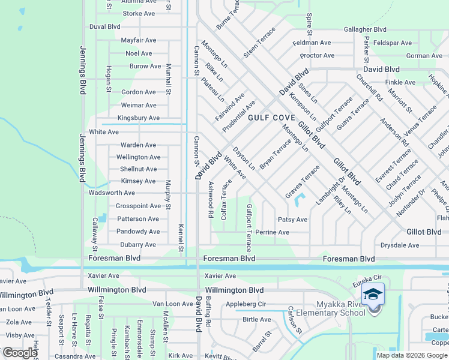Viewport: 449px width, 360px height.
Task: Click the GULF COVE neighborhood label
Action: [x=271, y=118]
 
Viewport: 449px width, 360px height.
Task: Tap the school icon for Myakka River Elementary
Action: [x=373, y=294]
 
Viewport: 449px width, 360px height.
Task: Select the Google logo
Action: [x=20, y=353]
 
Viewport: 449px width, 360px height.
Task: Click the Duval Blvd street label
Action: [x=104, y=26]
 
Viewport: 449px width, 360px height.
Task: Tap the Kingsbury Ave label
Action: [x=138, y=118]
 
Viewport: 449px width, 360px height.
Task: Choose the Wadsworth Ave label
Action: [x=112, y=193]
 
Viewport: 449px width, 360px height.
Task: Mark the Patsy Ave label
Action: [x=292, y=220]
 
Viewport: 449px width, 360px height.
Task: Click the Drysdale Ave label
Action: [x=400, y=245]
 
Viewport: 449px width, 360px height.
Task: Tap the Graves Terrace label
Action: [x=303, y=182]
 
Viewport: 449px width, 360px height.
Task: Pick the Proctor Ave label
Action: [x=317, y=56]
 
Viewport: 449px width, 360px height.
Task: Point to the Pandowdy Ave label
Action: [x=138, y=232]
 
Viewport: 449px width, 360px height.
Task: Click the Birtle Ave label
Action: [x=258, y=319]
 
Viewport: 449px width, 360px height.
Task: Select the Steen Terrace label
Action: [x=259, y=42]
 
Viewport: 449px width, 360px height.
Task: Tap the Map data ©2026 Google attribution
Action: [x=412, y=355]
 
